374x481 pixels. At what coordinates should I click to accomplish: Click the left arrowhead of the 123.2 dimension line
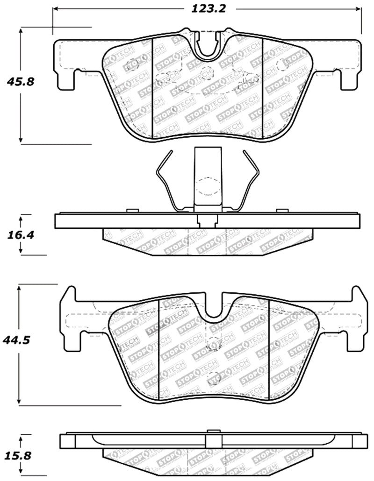tap(56, 9)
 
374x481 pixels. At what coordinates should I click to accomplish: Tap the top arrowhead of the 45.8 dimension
tap(21, 31)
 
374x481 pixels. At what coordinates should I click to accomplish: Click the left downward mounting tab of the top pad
tap(66, 79)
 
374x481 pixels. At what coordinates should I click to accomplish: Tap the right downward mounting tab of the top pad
tap(348, 79)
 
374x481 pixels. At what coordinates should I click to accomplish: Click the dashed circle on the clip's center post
tap(208, 187)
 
